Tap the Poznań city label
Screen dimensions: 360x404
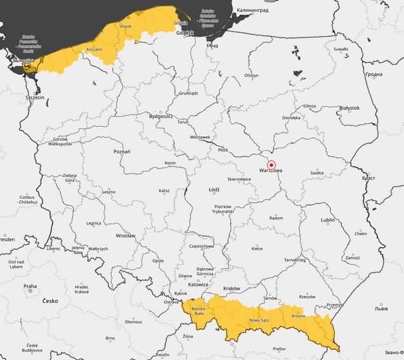coord(122,151)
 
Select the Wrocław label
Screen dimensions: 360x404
coord(126,236)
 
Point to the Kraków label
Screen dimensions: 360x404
coord(231,288)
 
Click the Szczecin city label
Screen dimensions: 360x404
coord(34,98)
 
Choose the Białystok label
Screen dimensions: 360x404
coord(349,108)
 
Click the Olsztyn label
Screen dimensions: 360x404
coord(252,75)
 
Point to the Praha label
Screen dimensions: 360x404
coord(30,286)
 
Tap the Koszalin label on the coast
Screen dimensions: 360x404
coord(94,49)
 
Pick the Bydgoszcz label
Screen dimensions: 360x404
coord(160,117)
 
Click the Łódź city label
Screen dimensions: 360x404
coord(214,190)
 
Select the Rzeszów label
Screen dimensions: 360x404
coord(307,297)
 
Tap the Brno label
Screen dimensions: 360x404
coord(110,338)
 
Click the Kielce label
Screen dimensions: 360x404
coord(257,249)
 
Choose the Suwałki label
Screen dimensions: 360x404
coord(341,49)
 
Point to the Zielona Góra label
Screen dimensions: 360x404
coord(69,178)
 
